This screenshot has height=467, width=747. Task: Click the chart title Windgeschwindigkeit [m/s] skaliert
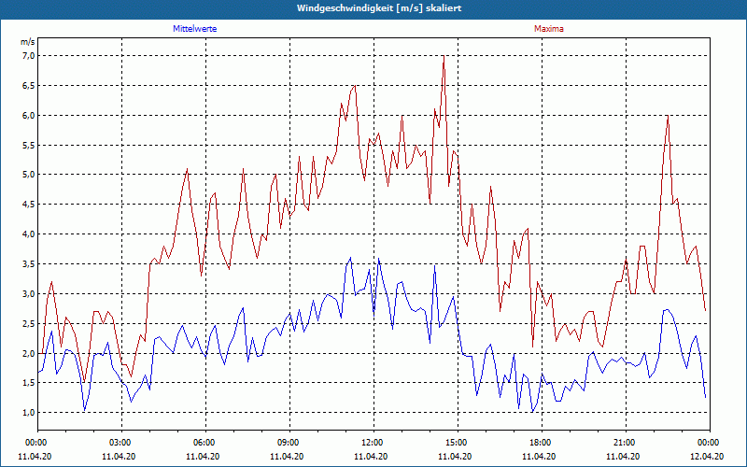pos(373,7)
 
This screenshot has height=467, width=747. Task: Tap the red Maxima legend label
pos(549,29)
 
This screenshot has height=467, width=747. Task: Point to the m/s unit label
pos(27,43)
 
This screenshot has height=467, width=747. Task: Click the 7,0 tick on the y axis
pos(27,56)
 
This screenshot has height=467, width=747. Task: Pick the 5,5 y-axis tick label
pos(27,145)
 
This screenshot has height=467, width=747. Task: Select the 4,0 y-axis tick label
pos(27,234)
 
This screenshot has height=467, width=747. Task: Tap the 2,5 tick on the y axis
pos(27,323)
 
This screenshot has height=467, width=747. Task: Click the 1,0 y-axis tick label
pos(27,413)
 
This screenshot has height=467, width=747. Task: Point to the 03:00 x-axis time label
pos(120,443)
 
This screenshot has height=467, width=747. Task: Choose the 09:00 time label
pos(289,443)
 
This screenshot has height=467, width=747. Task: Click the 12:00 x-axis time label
pos(373,443)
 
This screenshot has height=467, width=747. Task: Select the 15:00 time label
pos(457,443)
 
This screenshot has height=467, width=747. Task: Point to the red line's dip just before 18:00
pos(533,347)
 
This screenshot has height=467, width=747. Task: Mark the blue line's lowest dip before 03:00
pos(85,410)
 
